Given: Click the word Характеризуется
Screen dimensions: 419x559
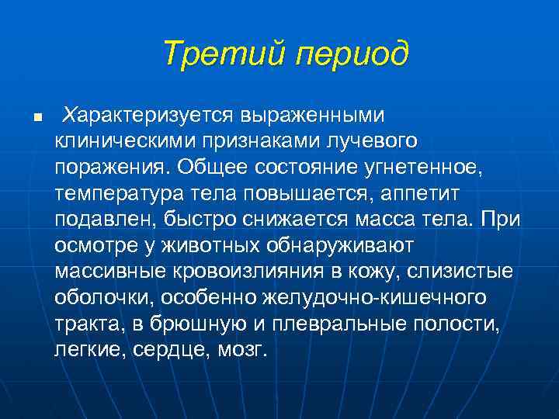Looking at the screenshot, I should pyautogui.click(x=151, y=115).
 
